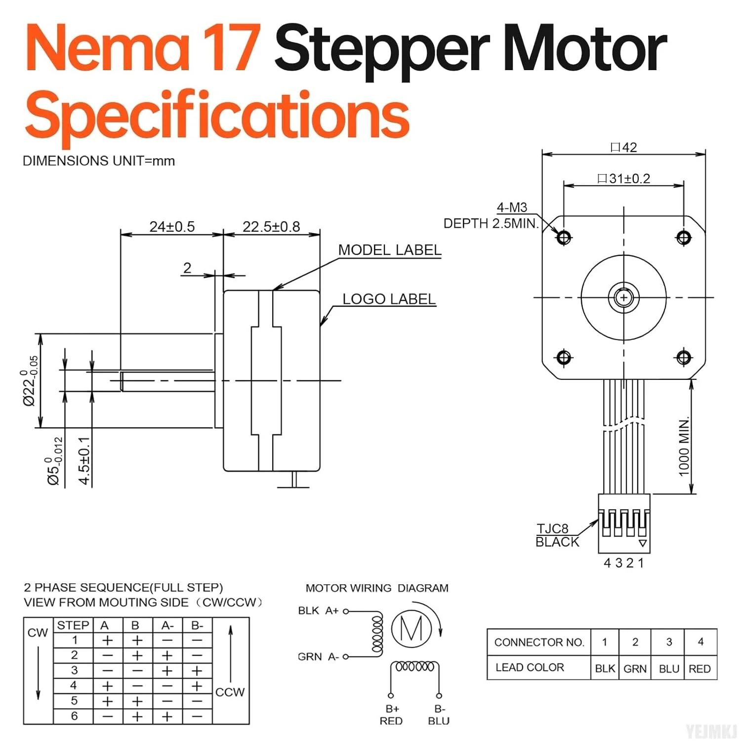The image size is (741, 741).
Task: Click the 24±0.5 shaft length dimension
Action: pyautogui.click(x=172, y=227)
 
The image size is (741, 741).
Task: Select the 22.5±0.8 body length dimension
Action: pyautogui.click(x=271, y=227)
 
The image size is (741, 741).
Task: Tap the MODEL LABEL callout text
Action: pyautogui.click(x=389, y=250)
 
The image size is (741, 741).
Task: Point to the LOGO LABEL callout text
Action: pyautogui.click(x=389, y=299)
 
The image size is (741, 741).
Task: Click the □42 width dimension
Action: pyautogui.click(x=623, y=147)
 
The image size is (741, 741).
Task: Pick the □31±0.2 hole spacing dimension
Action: pyautogui.click(x=623, y=178)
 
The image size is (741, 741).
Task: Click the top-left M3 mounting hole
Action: pyautogui.click(x=564, y=238)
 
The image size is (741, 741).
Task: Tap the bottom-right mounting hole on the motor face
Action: pyautogui.click(x=684, y=357)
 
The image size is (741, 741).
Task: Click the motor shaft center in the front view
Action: pyautogui.click(x=623, y=298)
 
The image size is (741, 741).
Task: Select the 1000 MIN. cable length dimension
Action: pyautogui.click(x=684, y=447)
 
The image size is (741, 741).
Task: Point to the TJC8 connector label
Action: pyautogui.click(x=552, y=529)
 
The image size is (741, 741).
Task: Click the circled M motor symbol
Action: pyautogui.click(x=412, y=628)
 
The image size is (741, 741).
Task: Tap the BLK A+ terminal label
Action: pyautogui.click(x=318, y=611)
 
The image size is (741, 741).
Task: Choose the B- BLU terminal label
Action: pyautogui.click(x=439, y=715)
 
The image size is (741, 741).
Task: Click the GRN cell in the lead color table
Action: pyautogui.click(x=635, y=668)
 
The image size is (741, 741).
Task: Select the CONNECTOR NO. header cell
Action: pyautogui.click(x=539, y=642)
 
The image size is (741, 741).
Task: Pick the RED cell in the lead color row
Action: pyautogui.click(x=700, y=668)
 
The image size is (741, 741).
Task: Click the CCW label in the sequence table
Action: pyautogui.click(x=230, y=692)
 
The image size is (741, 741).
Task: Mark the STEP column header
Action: pyautogui.click(x=73, y=625)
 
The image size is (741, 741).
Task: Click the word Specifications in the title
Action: pyautogui.click(x=217, y=115)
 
